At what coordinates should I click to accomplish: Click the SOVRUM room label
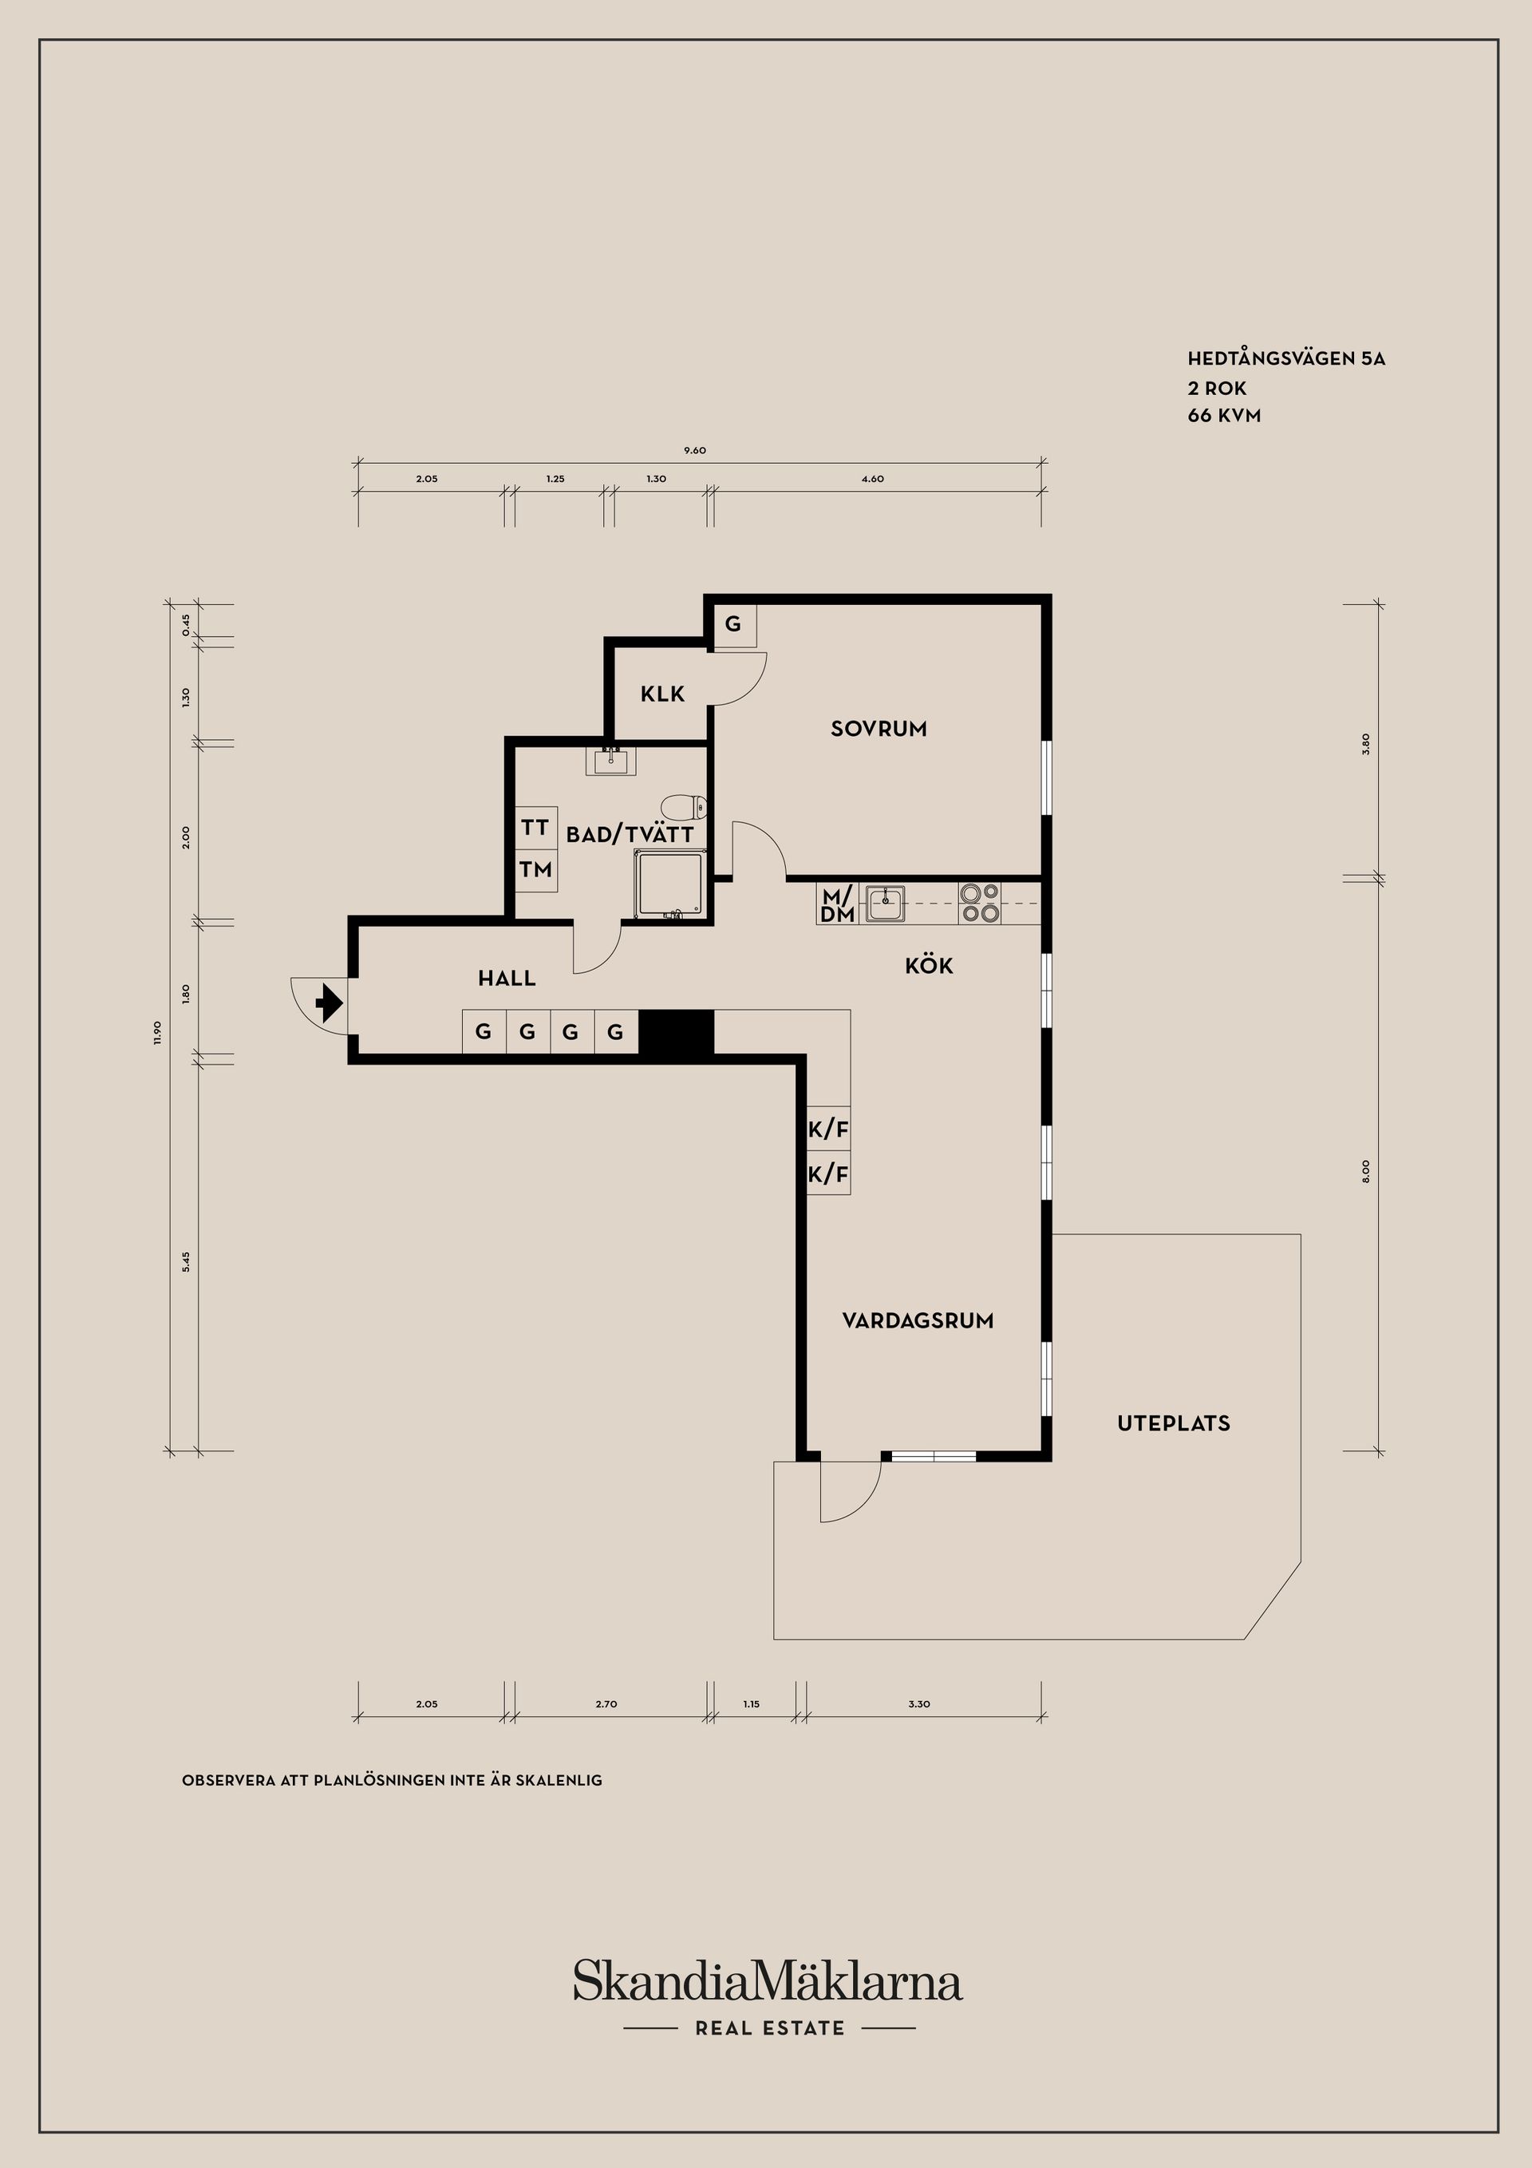pyautogui.click(x=878, y=728)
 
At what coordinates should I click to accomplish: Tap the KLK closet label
pyautogui.click(x=662, y=694)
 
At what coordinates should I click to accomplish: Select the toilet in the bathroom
pyautogui.click(x=683, y=807)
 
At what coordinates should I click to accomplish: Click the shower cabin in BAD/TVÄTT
pyautogui.click(x=671, y=884)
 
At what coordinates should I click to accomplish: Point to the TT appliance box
pyautogui.click(x=536, y=828)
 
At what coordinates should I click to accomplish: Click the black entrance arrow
pyautogui.click(x=327, y=1003)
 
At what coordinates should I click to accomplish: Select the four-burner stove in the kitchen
pyautogui.click(x=980, y=903)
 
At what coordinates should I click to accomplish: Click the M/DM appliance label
pyautogui.click(x=837, y=904)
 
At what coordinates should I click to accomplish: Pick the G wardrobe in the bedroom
pyautogui.click(x=734, y=624)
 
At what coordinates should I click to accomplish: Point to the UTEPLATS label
pyautogui.click(x=1173, y=1423)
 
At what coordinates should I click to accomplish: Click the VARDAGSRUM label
pyautogui.click(x=918, y=1321)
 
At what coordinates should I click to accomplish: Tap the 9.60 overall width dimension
pyautogui.click(x=695, y=450)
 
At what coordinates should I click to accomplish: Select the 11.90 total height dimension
pyautogui.click(x=158, y=1032)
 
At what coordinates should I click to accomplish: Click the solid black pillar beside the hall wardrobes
pyautogui.click(x=676, y=1031)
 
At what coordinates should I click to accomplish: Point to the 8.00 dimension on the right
pyautogui.click(x=1365, y=1172)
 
